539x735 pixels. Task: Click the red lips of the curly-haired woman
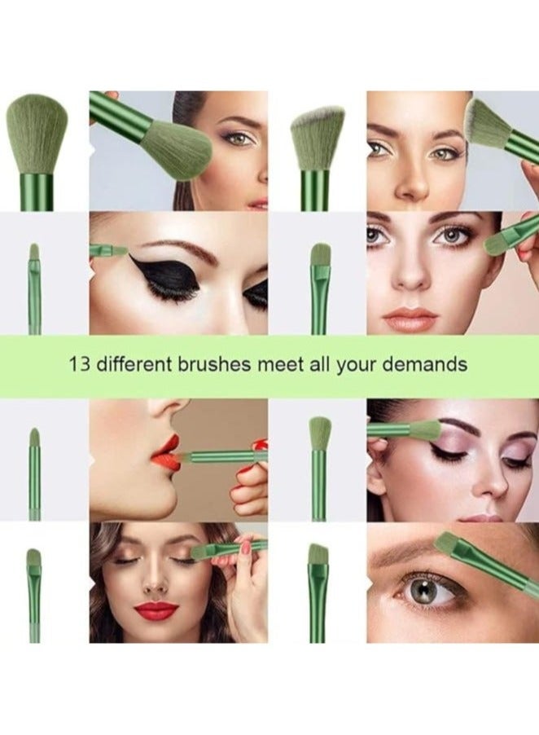(156, 610)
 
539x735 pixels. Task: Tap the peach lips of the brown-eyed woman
(410, 318)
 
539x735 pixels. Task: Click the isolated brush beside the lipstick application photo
(34, 473)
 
